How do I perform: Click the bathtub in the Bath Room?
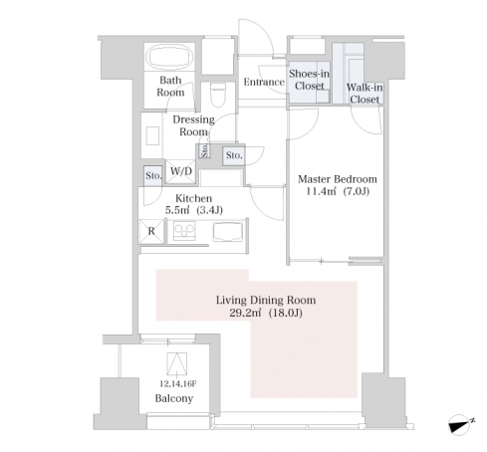click(x=169, y=57)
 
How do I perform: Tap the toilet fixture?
click(x=218, y=95)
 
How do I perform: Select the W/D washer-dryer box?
click(x=180, y=171)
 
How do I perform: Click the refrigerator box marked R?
click(x=151, y=231)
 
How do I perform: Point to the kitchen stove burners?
click(x=184, y=231)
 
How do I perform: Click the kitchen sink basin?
click(x=228, y=232)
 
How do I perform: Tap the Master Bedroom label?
click(x=338, y=179)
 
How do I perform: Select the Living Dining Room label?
click(x=266, y=300)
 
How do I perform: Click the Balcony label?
click(x=174, y=398)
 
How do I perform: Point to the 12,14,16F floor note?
click(x=178, y=384)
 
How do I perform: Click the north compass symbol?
click(x=461, y=424)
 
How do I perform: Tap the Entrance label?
click(x=264, y=82)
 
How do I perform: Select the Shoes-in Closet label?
click(x=309, y=80)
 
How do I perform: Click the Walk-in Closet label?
click(x=365, y=94)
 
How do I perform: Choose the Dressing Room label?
click(x=193, y=125)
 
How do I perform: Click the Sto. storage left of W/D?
click(x=153, y=175)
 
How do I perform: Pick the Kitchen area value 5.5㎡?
click(x=177, y=210)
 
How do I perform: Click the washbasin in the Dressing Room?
click(x=152, y=135)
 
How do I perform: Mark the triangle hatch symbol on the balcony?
click(x=177, y=364)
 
